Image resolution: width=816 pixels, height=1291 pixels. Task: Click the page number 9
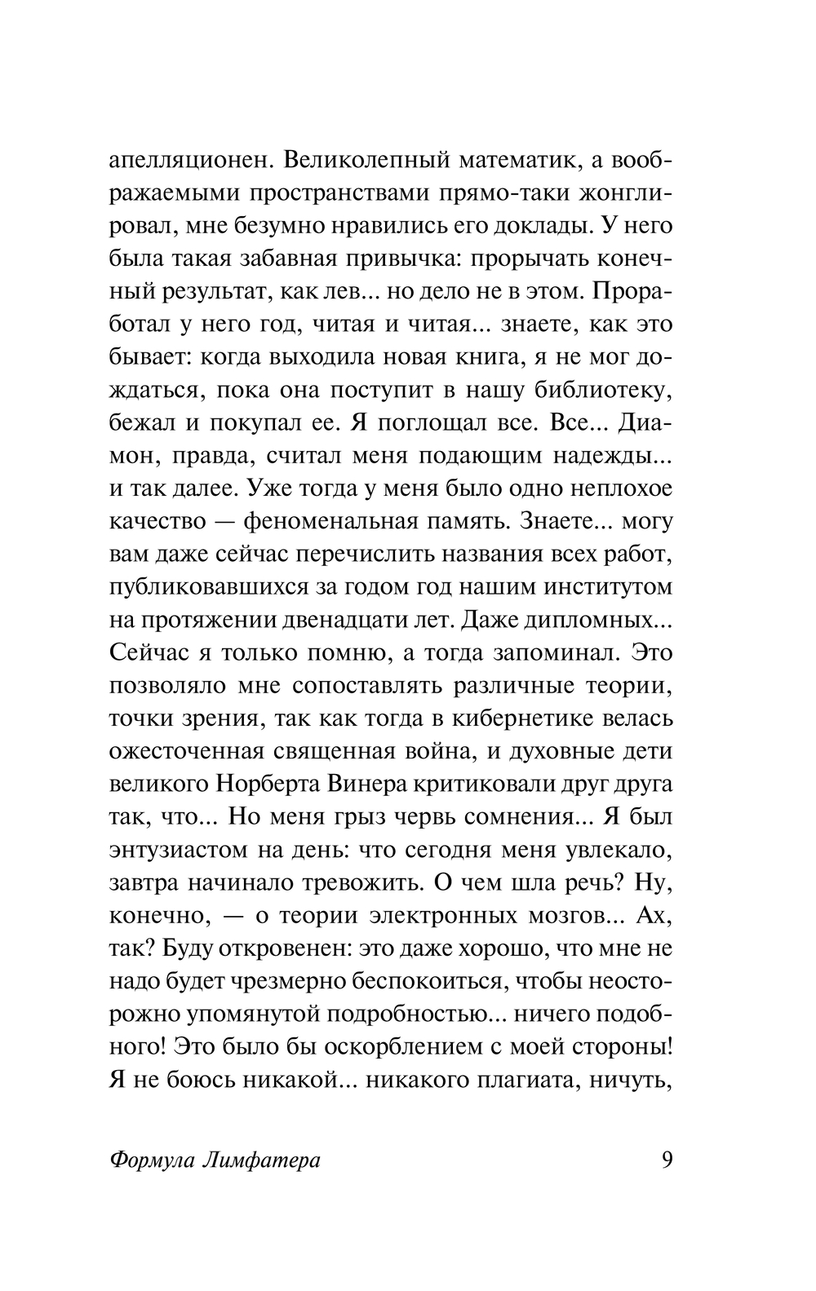667,1160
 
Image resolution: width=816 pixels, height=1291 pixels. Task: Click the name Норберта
269,784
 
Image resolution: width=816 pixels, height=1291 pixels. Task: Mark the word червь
429,816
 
